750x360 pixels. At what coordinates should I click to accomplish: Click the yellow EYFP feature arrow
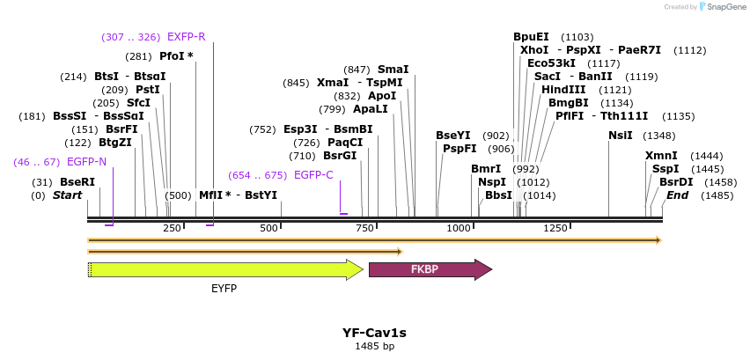224,270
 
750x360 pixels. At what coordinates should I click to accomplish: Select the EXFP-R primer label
186,37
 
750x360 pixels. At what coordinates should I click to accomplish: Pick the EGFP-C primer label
313,175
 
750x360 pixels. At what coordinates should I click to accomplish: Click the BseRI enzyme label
77,182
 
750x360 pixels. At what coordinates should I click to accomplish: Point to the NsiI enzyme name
621,136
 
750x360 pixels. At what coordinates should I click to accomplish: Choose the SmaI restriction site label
393,70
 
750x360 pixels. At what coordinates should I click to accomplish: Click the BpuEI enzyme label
531,37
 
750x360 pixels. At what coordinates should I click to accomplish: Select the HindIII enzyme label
562,90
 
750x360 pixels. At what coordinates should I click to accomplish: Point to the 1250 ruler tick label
555,229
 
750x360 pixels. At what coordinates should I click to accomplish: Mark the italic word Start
67,195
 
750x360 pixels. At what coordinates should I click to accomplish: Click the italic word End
677,195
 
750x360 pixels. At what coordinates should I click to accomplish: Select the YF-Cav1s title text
374,333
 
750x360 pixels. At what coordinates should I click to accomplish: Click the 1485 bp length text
374,347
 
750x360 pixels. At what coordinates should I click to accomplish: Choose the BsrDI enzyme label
676,182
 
